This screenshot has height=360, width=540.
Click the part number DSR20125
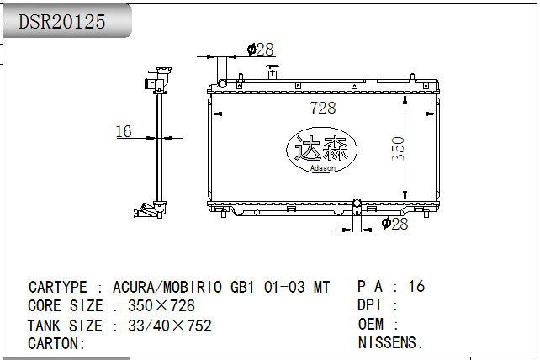[x=61, y=22]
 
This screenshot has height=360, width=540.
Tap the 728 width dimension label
[x=323, y=107]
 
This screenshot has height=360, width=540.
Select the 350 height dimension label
[x=398, y=149]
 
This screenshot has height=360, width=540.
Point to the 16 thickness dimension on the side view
[x=124, y=131]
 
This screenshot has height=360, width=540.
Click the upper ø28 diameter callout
[x=261, y=50]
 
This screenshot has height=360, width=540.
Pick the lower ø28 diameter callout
[x=395, y=224]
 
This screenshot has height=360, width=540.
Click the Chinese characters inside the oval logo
[x=321, y=148]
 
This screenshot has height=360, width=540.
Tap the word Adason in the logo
[x=323, y=168]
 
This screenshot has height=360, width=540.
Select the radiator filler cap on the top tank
[x=273, y=71]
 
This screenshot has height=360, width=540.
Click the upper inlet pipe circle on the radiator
[x=222, y=83]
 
